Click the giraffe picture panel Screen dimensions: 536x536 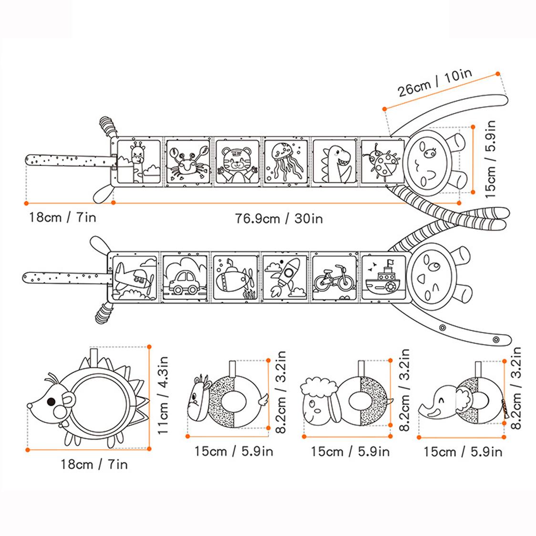(x=138, y=161)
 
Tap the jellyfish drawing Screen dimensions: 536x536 (x=285, y=161)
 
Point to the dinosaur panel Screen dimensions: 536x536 (x=334, y=161)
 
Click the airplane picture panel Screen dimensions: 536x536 (x=135, y=278)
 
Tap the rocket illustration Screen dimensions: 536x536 (x=284, y=278)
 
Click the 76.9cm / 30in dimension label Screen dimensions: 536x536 (x=279, y=218)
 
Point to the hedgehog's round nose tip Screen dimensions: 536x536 (x=30, y=406)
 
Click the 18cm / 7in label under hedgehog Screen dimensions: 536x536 (x=94, y=464)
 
